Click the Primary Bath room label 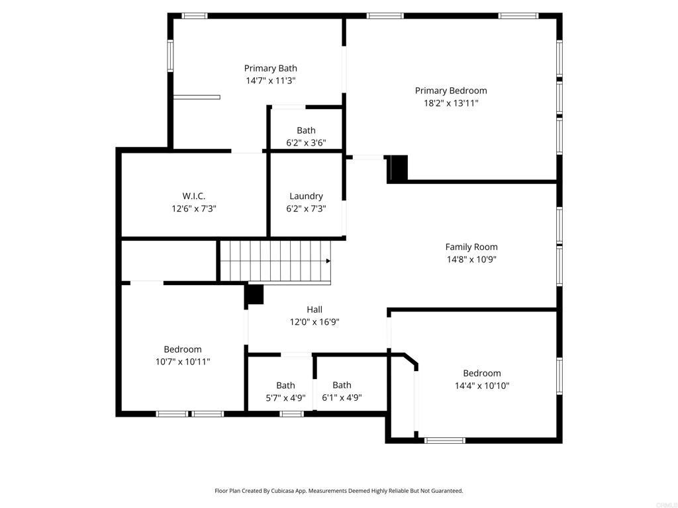point(271,68)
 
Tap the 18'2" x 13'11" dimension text point(451,103)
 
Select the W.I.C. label point(194,196)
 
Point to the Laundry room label point(306,196)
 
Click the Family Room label point(471,247)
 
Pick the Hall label point(315,310)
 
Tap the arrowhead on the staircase point(328,261)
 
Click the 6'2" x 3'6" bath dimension point(306,143)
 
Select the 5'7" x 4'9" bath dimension point(286,398)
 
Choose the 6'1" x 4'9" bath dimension point(342,398)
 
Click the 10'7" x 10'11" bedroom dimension point(183,362)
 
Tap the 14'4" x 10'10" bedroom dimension point(482,386)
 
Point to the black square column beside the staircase point(255,294)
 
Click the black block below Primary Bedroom point(399,167)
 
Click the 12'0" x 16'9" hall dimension point(315,322)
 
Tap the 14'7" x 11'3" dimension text point(271,81)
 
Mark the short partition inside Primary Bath point(197,97)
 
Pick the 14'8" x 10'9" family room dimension point(471,259)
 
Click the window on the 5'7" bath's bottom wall point(291,414)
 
